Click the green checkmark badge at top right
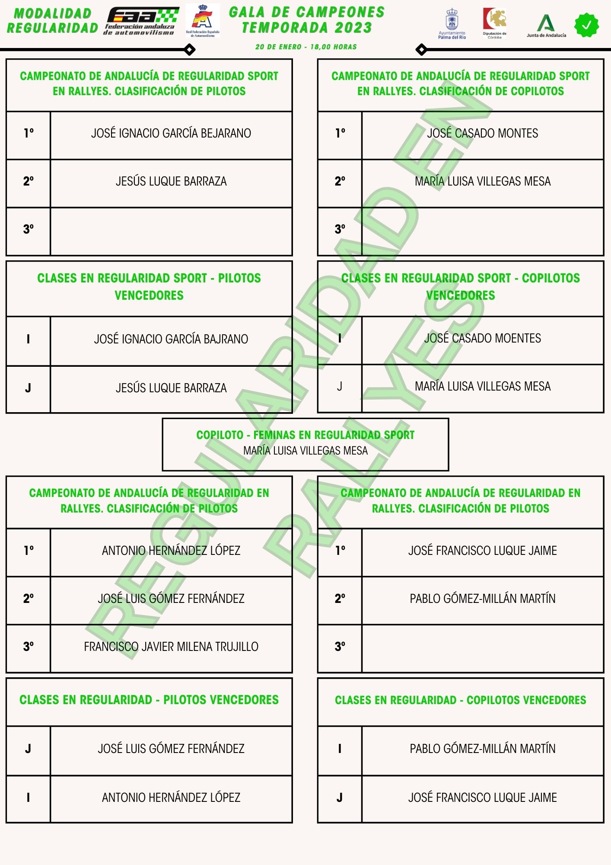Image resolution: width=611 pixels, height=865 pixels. [586, 25]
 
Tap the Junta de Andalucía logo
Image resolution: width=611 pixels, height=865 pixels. [546, 26]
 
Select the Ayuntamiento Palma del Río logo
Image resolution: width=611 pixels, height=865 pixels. [452, 24]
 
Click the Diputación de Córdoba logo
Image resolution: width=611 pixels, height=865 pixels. [495, 23]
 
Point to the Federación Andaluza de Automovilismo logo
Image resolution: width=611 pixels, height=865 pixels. [142, 21]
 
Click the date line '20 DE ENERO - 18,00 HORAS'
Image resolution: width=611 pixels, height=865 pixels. [306, 47]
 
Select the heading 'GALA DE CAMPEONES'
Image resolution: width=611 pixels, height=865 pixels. [307, 12]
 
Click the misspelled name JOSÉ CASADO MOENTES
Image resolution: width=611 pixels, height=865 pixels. [482, 338]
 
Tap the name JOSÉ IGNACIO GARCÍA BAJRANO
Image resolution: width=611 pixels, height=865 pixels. [171, 339]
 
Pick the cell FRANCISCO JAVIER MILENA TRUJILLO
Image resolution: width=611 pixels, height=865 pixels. [171, 647]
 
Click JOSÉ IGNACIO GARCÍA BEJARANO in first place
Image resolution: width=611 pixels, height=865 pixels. [171, 133]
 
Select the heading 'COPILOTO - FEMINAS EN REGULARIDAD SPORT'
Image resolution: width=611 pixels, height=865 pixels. [305, 435]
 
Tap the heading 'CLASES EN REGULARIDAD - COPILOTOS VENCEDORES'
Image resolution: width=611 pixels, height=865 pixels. [460, 700]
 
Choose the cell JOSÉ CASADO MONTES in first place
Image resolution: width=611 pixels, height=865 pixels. [482, 133]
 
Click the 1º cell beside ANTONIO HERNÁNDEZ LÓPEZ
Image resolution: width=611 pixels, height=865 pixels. [29, 551]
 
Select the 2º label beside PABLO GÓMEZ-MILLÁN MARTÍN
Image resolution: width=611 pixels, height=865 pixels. [340, 599]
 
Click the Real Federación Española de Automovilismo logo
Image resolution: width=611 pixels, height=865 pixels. [203, 21]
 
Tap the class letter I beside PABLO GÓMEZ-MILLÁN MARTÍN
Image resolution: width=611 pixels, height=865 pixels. [340, 749]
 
